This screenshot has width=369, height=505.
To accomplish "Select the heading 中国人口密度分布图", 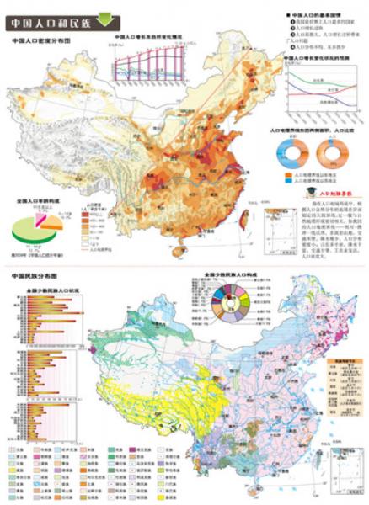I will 40,40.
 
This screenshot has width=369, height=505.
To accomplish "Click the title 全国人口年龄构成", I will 36,203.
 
